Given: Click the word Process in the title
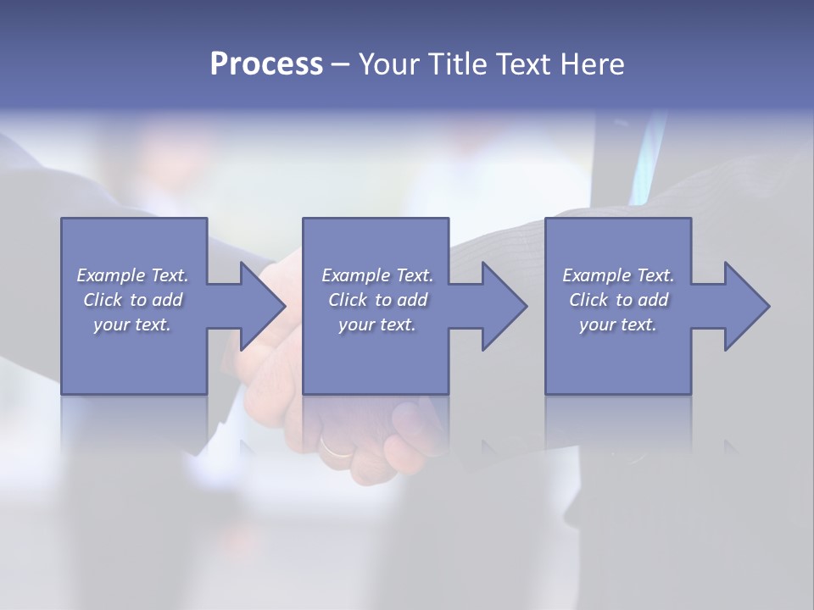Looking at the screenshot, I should tap(266, 64).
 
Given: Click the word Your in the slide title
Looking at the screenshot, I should tap(389, 64).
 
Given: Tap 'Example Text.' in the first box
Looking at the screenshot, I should tap(132, 275).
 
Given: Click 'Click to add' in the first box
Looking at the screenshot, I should tap(133, 300).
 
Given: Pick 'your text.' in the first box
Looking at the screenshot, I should tap(132, 324).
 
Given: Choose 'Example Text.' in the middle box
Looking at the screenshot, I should tap(377, 275).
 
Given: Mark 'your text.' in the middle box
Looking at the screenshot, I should tap(376, 324).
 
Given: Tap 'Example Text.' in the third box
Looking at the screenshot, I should tap(618, 275).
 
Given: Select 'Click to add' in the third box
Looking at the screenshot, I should tap(619, 300).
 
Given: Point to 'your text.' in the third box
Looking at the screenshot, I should tap(618, 324).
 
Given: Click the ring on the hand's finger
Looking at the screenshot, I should tap(337, 446).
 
